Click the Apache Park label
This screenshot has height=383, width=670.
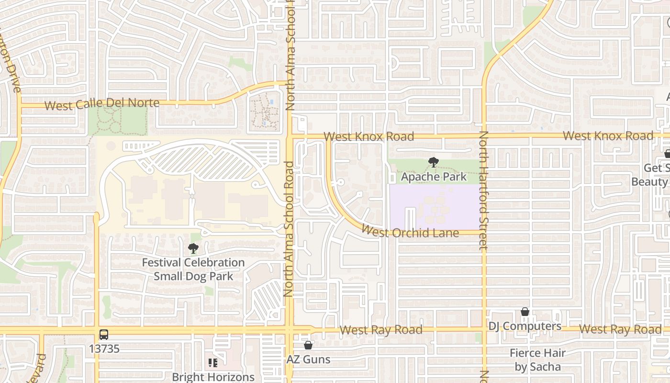pyautogui.click(x=434, y=177)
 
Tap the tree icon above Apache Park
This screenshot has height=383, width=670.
pyautogui.click(x=434, y=162)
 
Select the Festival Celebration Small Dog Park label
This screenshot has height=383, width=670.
pyautogui.click(x=193, y=269)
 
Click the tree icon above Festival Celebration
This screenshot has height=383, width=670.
pyautogui.click(x=193, y=248)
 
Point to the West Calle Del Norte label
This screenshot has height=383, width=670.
pyautogui.click(x=102, y=104)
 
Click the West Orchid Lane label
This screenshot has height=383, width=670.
pyautogui.click(x=410, y=232)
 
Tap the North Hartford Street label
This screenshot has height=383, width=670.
pyautogui.click(x=483, y=191)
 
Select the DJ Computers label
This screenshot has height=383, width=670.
pyautogui.click(x=525, y=326)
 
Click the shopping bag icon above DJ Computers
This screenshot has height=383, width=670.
pyautogui.click(x=525, y=312)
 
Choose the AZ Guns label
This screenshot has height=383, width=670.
pyautogui.click(x=308, y=359)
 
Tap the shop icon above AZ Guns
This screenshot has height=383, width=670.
pyautogui.click(x=308, y=345)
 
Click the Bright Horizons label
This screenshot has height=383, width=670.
pyautogui.click(x=213, y=377)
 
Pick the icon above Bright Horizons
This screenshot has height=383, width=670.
pyautogui.click(x=213, y=363)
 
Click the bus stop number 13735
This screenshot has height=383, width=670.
pyautogui.click(x=104, y=349)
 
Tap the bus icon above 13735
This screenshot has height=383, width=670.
pyautogui.click(x=104, y=335)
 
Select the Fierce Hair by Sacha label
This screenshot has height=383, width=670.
pyautogui.click(x=537, y=360)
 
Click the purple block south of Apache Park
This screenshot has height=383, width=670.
pyautogui.click(x=434, y=207)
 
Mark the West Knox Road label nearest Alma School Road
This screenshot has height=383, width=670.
pyautogui.click(x=368, y=137)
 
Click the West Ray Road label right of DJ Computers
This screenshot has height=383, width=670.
pyautogui.click(x=620, y=329)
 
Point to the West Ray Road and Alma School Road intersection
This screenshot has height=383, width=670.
pyautogui.click(x=290, y=330)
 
